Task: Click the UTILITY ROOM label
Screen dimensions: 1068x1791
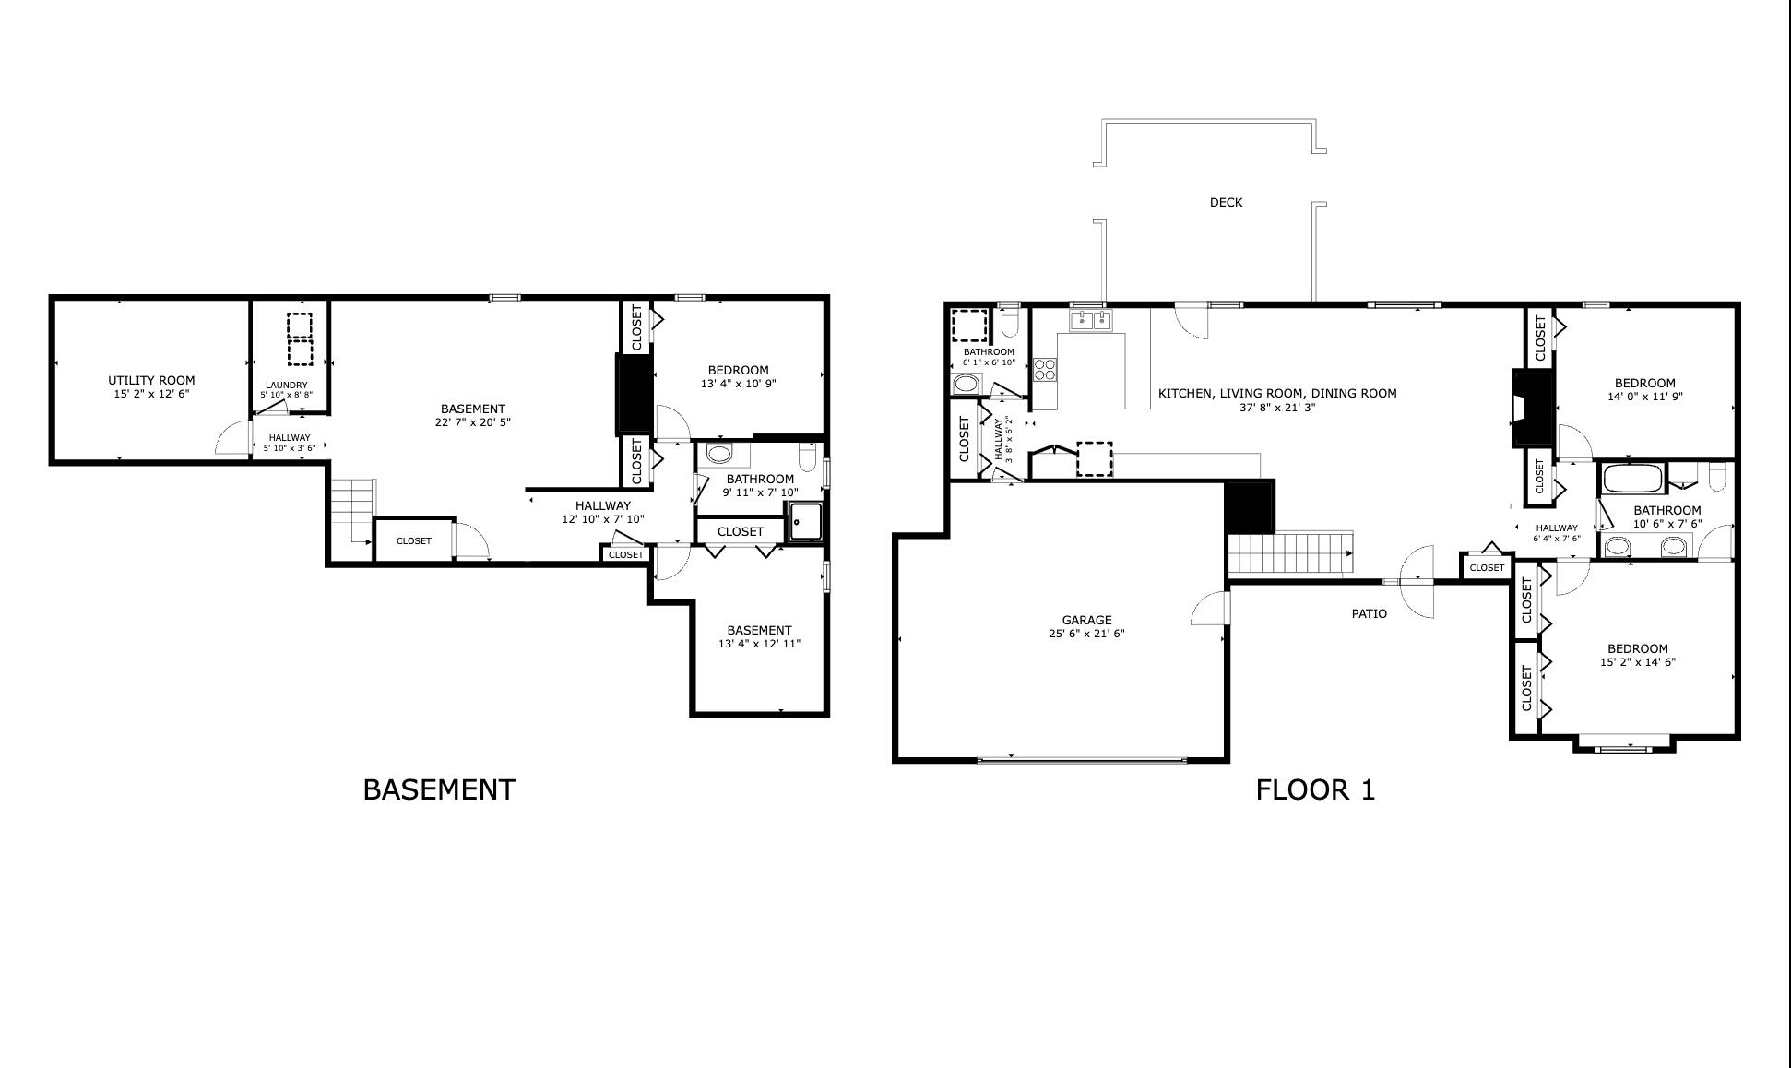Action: point(151,380)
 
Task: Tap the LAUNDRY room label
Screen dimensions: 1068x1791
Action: point(286,386)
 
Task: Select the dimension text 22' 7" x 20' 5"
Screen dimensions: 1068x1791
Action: point(472,422)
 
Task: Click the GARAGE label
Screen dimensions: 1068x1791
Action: point(1086,620)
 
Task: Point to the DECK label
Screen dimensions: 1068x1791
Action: point(1226,202)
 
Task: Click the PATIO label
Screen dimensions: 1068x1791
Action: point(1369,613)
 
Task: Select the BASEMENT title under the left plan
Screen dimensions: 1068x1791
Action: point(439,789)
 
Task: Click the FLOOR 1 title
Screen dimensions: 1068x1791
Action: point(1315,789)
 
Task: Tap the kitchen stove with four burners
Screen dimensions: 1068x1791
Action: point(1045,370)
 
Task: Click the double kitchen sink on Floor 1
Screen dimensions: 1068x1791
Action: point(1091,320)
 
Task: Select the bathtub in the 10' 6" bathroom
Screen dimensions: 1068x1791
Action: point(1631,479)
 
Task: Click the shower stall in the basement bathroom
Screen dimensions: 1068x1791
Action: point(806,522)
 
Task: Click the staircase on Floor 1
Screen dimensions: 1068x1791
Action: point(1289,553)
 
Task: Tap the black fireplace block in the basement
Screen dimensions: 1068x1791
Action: point(633,394)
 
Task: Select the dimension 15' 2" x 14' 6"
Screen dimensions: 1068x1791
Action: point(1637,662)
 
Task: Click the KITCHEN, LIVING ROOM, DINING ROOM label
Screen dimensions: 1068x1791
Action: point(1276,393)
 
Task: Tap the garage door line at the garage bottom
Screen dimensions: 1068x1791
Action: point(1081,760)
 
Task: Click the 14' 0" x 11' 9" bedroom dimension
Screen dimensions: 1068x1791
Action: point(1644,397)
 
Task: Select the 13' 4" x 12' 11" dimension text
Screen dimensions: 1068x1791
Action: point(759,644)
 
